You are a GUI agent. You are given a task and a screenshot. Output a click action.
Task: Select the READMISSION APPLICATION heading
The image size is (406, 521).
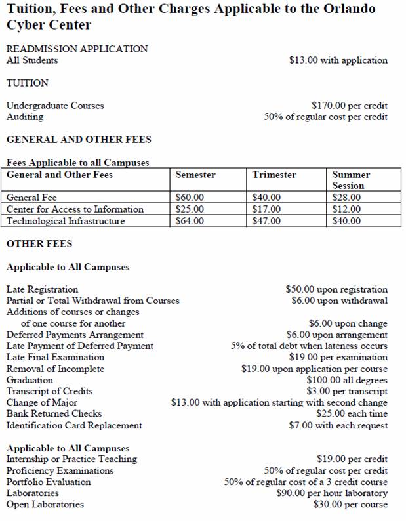pos(77,49)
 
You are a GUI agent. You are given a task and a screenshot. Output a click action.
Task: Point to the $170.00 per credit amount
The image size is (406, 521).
pos(350,105)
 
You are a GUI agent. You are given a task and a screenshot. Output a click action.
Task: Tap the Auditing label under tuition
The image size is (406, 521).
pos(25,117)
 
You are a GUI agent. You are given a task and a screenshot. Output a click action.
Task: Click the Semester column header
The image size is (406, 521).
pos(195,175)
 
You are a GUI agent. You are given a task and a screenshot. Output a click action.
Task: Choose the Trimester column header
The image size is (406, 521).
pos(274,175)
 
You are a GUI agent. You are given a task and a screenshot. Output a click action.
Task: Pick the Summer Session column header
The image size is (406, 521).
pos(351,180)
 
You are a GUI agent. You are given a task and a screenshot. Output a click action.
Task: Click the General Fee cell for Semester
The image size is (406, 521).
pos(190,198)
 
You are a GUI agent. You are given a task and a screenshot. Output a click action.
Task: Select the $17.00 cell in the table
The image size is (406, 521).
pos(266,209)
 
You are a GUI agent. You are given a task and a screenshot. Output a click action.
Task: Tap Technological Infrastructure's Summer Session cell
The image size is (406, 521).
pos(346,221)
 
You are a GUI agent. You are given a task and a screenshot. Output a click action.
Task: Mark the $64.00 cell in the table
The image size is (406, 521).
pos(190,221)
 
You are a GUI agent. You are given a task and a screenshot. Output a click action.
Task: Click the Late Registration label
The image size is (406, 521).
pos(42,289)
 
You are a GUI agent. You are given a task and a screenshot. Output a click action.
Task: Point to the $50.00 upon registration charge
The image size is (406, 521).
pos(336,289)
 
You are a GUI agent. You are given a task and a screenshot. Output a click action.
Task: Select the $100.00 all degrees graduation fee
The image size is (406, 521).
pos(347,380)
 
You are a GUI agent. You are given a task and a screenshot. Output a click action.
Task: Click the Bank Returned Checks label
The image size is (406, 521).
pos(54,414)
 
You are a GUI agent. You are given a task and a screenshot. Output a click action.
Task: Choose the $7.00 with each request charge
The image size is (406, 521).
pos(347,425)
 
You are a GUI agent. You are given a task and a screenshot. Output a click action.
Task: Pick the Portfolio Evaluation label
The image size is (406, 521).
pos(49,482)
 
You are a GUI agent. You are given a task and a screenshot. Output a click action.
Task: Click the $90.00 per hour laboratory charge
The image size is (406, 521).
pos(332,493)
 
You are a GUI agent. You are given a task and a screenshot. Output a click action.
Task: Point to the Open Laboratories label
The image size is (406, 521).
pos(45,505)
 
